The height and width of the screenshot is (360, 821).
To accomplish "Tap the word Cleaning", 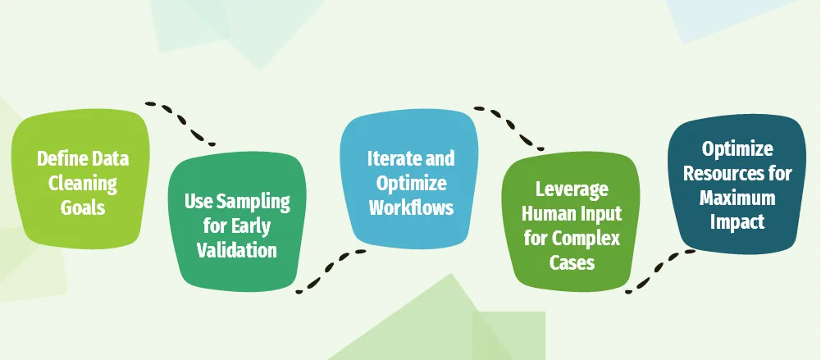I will pos(82,183).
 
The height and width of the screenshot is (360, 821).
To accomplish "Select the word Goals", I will pos(82,207).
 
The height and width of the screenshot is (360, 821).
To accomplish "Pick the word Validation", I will pos(236,249).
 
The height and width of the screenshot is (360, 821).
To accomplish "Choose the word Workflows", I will pos(410,207).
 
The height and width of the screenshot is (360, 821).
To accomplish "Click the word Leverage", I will pos(572,189).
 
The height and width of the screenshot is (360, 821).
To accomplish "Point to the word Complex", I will pos(591,239).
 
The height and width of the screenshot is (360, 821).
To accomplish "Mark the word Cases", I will pos(572,262).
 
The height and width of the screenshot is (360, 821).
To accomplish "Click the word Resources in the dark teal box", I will pos(738,174).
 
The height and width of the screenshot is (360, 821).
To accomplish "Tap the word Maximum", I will pos(737,198).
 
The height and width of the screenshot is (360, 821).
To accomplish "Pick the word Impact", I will pos(737,221).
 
